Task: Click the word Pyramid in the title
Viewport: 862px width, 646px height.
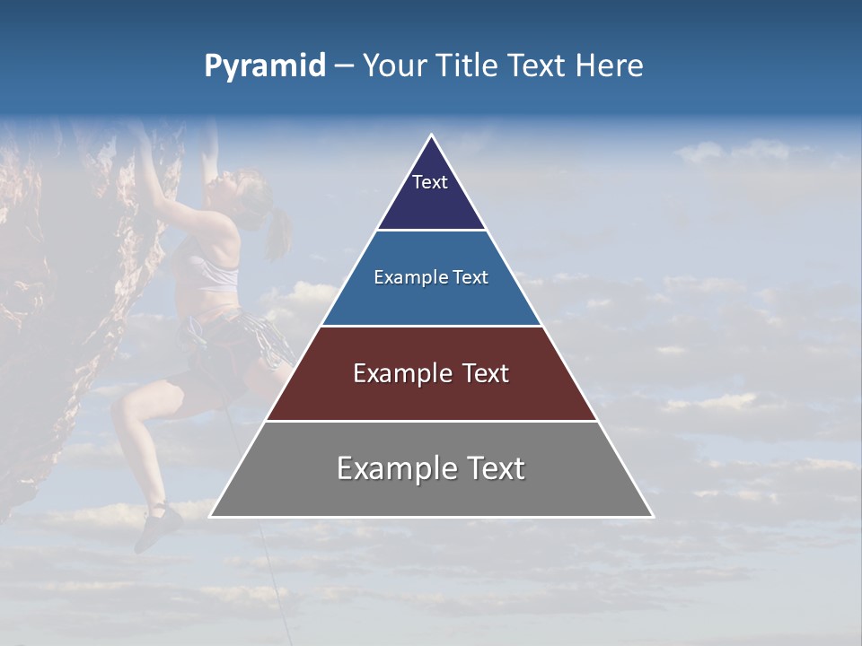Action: click(x=264, y=66)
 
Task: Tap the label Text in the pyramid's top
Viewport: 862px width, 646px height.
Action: click(x=430, y=182)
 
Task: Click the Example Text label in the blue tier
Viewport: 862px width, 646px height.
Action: click(x=431, y=278)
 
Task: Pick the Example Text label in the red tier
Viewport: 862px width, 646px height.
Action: click(x=431, y=373)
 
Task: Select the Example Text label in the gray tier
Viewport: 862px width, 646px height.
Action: click(x=431, y=468)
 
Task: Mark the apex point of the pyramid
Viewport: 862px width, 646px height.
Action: click(x=431, y=135)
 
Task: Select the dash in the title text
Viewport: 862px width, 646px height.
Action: click(x=344, y=66)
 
